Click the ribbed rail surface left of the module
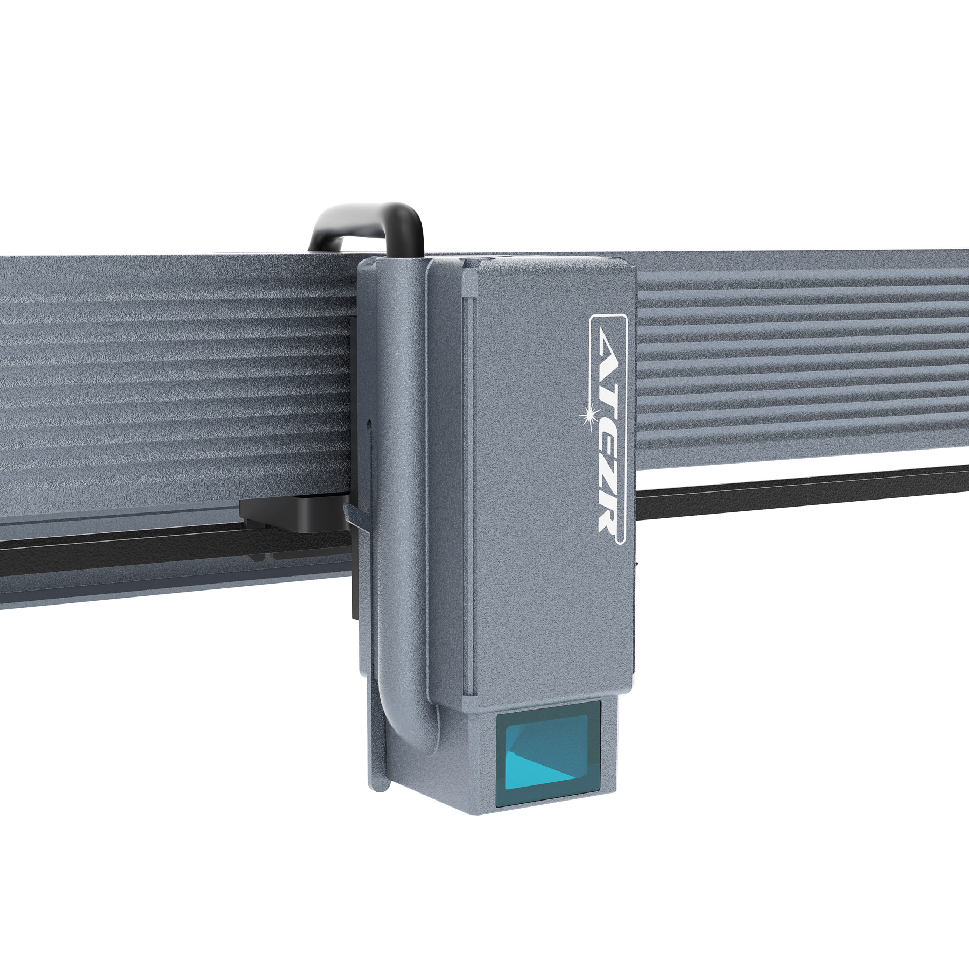(161, 377)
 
